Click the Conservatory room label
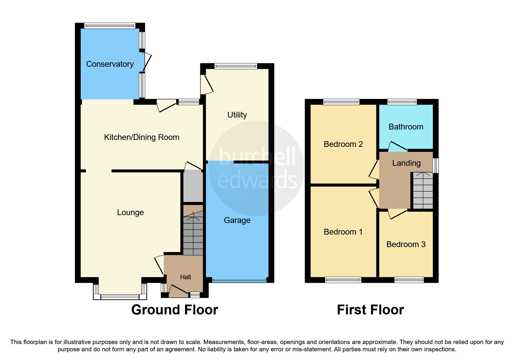110,64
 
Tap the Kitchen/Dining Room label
142,137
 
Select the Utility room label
237,115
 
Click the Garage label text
237,220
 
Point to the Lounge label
130,213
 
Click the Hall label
185,277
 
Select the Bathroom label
406,127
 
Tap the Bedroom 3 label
406,244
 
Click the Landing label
406,163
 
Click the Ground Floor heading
174,310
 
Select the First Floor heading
370,310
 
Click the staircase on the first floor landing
423,191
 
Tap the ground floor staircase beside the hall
193,235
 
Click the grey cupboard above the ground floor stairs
193,186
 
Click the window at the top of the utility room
236,66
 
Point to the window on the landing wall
436,165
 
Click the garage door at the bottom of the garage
239,280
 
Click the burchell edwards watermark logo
257,168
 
